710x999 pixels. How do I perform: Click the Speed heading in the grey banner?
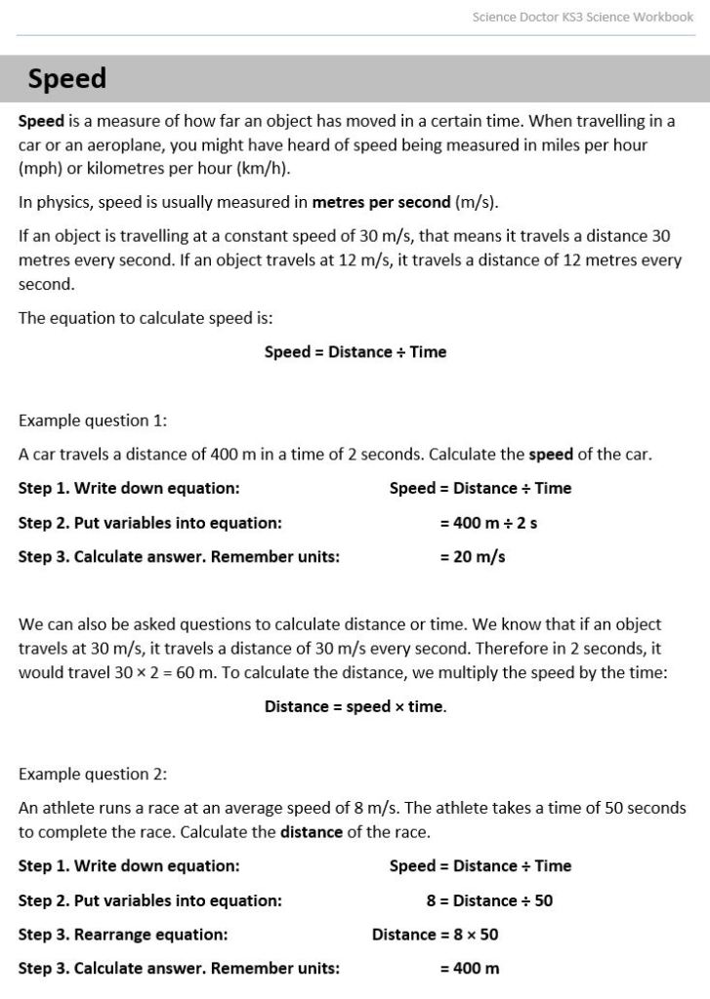pyautogui.click(x=66, y=79)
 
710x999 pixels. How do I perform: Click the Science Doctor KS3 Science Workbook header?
pyautogui.click(x=582, y=17)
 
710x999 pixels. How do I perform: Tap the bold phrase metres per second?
pyautogui.click(x=381, y=203)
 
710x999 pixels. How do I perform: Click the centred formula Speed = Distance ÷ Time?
pyautogui.click(x=355, y=352)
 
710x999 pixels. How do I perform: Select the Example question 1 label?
pyautogui.click(x=93, y=420)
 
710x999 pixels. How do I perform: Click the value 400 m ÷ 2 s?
pyautogui.click(x=488, y=523)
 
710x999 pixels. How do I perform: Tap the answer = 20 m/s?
pyautogui.click(x=472, y=557)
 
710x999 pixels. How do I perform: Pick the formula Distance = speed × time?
pyautogui.click(x=355, y=706)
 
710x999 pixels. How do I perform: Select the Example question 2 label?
pyautogui.click(x=93, y=775)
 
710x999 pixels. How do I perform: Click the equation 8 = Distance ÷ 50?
pyautogui.click(x=489, y=900)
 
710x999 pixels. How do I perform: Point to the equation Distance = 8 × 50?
pyautogui.click(x=435, y=935)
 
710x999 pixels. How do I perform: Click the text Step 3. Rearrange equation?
pyautogui.click(x=123, y=935)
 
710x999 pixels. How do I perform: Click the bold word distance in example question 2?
pyautogui.click(x=312, y=832)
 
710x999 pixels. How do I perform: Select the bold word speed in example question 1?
pyautogui.click(x=551, y=455)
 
